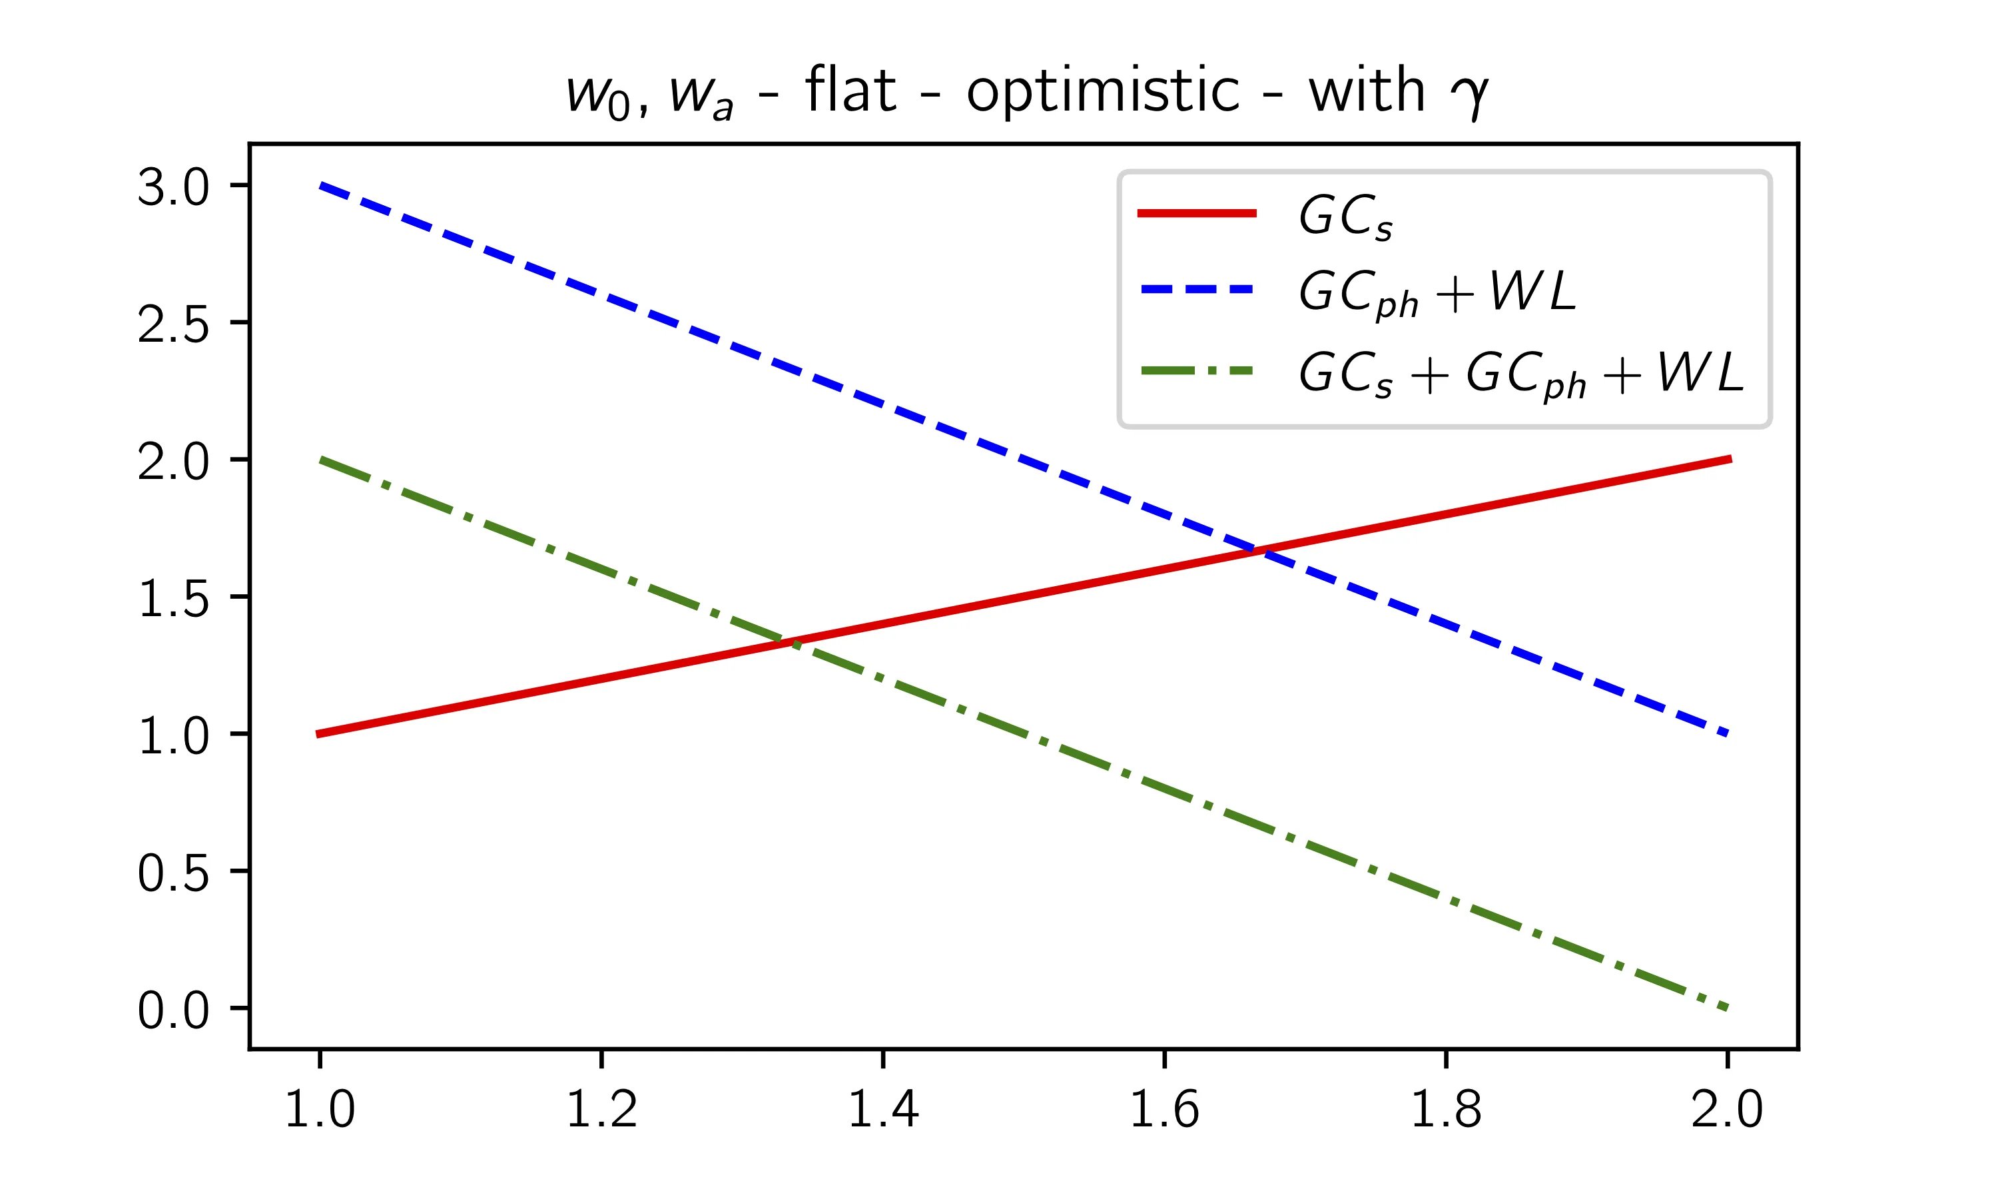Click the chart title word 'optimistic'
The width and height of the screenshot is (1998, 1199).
point(1102,91)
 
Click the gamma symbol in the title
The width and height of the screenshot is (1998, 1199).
point(1469,95)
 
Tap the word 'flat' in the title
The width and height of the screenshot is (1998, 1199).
point(850,91)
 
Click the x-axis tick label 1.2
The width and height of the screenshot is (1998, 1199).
point(601,1108)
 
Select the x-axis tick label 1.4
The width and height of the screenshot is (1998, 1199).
point(882,1108)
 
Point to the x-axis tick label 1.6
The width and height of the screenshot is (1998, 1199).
point(1164,1108)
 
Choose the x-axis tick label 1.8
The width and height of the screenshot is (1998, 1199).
point(1446,1108)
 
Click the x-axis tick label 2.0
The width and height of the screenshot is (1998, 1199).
point(1727,1108)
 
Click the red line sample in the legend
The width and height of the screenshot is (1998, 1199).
point(1197,213)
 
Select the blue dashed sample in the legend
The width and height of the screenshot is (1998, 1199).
point(1197,289)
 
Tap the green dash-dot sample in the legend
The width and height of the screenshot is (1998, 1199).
point(1197,372)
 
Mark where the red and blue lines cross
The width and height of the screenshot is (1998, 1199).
point(1258,550)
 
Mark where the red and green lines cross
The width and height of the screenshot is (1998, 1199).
point(789,642)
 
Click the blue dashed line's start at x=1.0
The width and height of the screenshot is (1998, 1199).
point(320,186)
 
